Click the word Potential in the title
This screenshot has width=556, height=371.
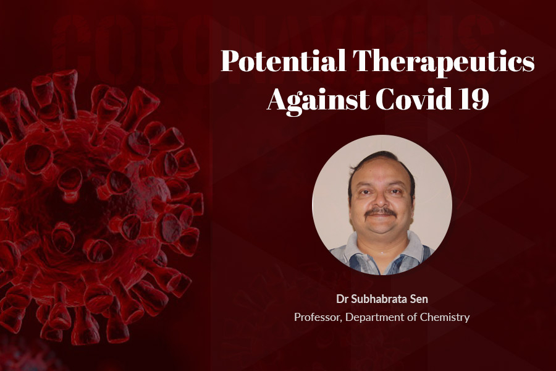tap(284, 61)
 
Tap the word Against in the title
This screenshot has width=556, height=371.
tap(318, 100)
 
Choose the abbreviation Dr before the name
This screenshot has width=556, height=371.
tap(342, 299)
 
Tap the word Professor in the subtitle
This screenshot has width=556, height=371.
tap(318, 317)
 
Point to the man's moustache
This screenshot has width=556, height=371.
tap(381, 212)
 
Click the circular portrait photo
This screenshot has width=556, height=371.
tap(382, 205)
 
